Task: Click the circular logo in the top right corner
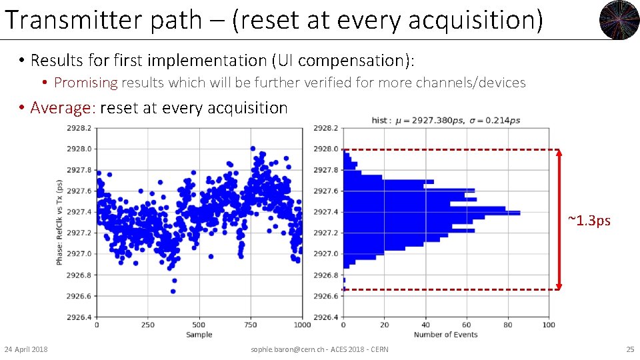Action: pos(619,20)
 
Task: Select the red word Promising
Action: pos(85,83)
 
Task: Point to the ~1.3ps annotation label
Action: pos(589,221)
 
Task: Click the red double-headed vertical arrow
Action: pos(559,219)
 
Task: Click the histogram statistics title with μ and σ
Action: pos(445,120)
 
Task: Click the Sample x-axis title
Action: pos(199,335)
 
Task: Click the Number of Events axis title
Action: pos(445,335)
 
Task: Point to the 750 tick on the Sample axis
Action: pos(251,325)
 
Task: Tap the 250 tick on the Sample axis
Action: pos(148,325)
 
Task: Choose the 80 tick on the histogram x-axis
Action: pos(507,325)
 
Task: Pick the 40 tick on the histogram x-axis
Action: pos(425,325)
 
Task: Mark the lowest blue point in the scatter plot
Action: pos(173,291)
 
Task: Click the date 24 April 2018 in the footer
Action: pos(26,349)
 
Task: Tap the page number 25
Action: pos(629,349)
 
